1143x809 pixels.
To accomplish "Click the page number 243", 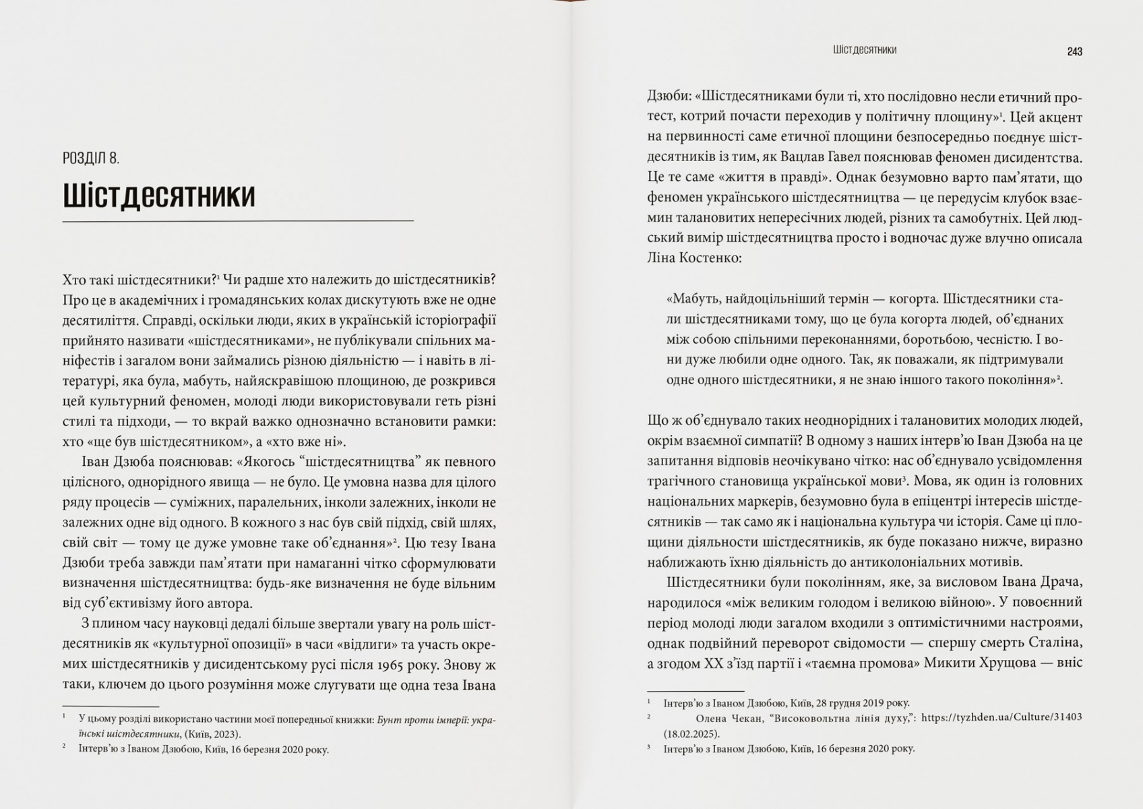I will [1074, 52].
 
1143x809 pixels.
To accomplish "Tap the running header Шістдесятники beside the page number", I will [864, 50].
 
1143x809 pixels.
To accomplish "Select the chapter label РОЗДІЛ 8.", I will [91, 159].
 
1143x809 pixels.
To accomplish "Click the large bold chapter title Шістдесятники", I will [159, 196].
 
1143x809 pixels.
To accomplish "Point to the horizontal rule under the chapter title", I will [237, 221].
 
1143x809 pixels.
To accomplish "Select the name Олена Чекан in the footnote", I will [728, 717].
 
